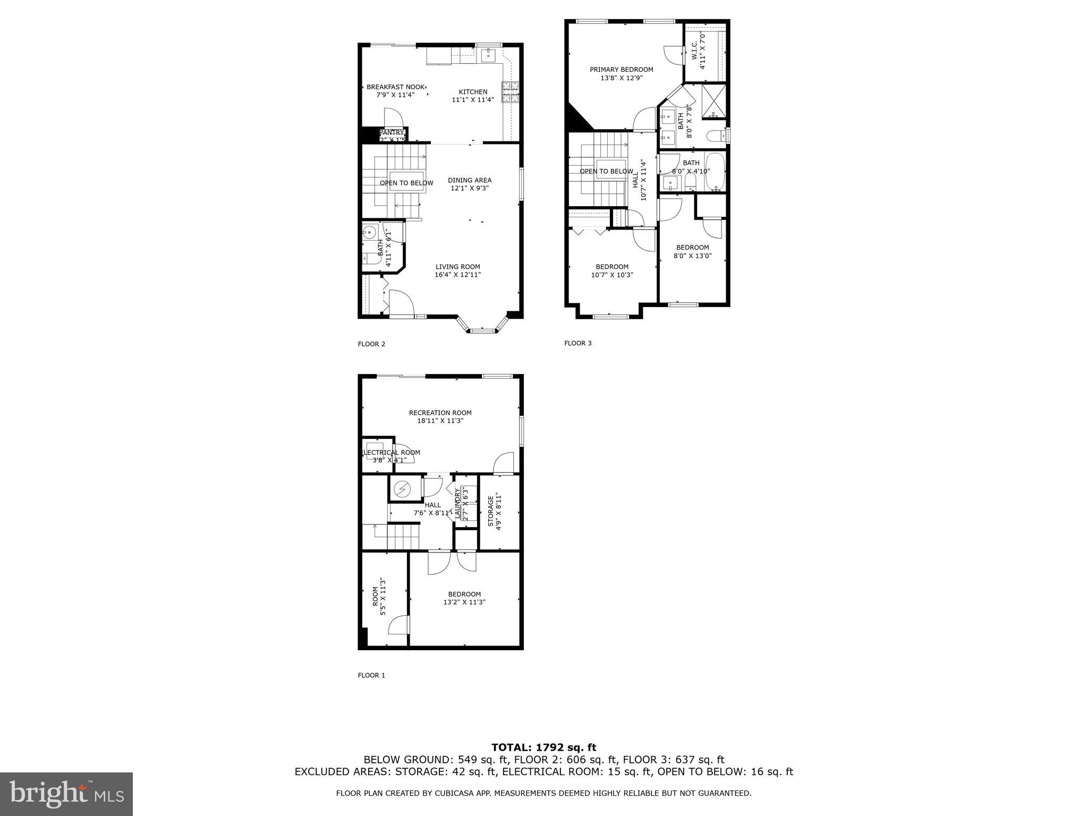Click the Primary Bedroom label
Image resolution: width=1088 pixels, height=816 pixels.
(x=621, y=70)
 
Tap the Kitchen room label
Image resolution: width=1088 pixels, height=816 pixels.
(x=473, y=92)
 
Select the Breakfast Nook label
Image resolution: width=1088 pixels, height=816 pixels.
(x=396, y=87)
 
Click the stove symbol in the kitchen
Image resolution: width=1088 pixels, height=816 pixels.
(x=511, y=92)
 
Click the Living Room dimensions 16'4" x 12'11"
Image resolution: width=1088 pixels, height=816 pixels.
(x=457, y=275)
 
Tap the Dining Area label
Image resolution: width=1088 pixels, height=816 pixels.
(x=469, y=180)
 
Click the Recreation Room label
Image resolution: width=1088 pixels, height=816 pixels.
(x=440, y=413)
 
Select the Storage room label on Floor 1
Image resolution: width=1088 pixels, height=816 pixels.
(x=490, y=511)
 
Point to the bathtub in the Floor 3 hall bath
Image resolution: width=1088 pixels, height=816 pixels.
(x=715, y=172)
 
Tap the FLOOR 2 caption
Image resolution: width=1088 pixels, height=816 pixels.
(x=371, y=344)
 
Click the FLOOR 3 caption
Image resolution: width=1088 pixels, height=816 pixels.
(x=577, y=343)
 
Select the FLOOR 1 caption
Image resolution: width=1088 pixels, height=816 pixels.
(x=371, y=675)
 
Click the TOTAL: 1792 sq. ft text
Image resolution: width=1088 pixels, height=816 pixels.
(x=543, y=747)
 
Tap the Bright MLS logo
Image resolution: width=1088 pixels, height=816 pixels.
(x=66, y=794)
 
